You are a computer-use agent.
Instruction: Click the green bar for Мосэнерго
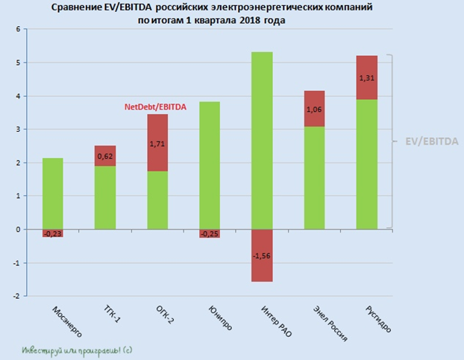(x=52, y=193)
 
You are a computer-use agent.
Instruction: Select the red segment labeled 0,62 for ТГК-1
(x=104, y=156)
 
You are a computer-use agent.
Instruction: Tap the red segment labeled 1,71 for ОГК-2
(x=157, y=142)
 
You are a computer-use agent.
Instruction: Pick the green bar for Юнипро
(x=209, y=165)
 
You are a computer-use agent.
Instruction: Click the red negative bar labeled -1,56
(x=262, y=255)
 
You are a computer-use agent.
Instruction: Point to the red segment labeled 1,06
(x=314, y=109)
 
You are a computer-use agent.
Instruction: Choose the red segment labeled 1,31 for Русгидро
(x=366, y=78)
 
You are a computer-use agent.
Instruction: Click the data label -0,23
(x=52, y=233)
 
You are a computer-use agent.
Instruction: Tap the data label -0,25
(x=209, y=233)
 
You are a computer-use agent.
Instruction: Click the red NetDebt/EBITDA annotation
(x=155, y=107)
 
